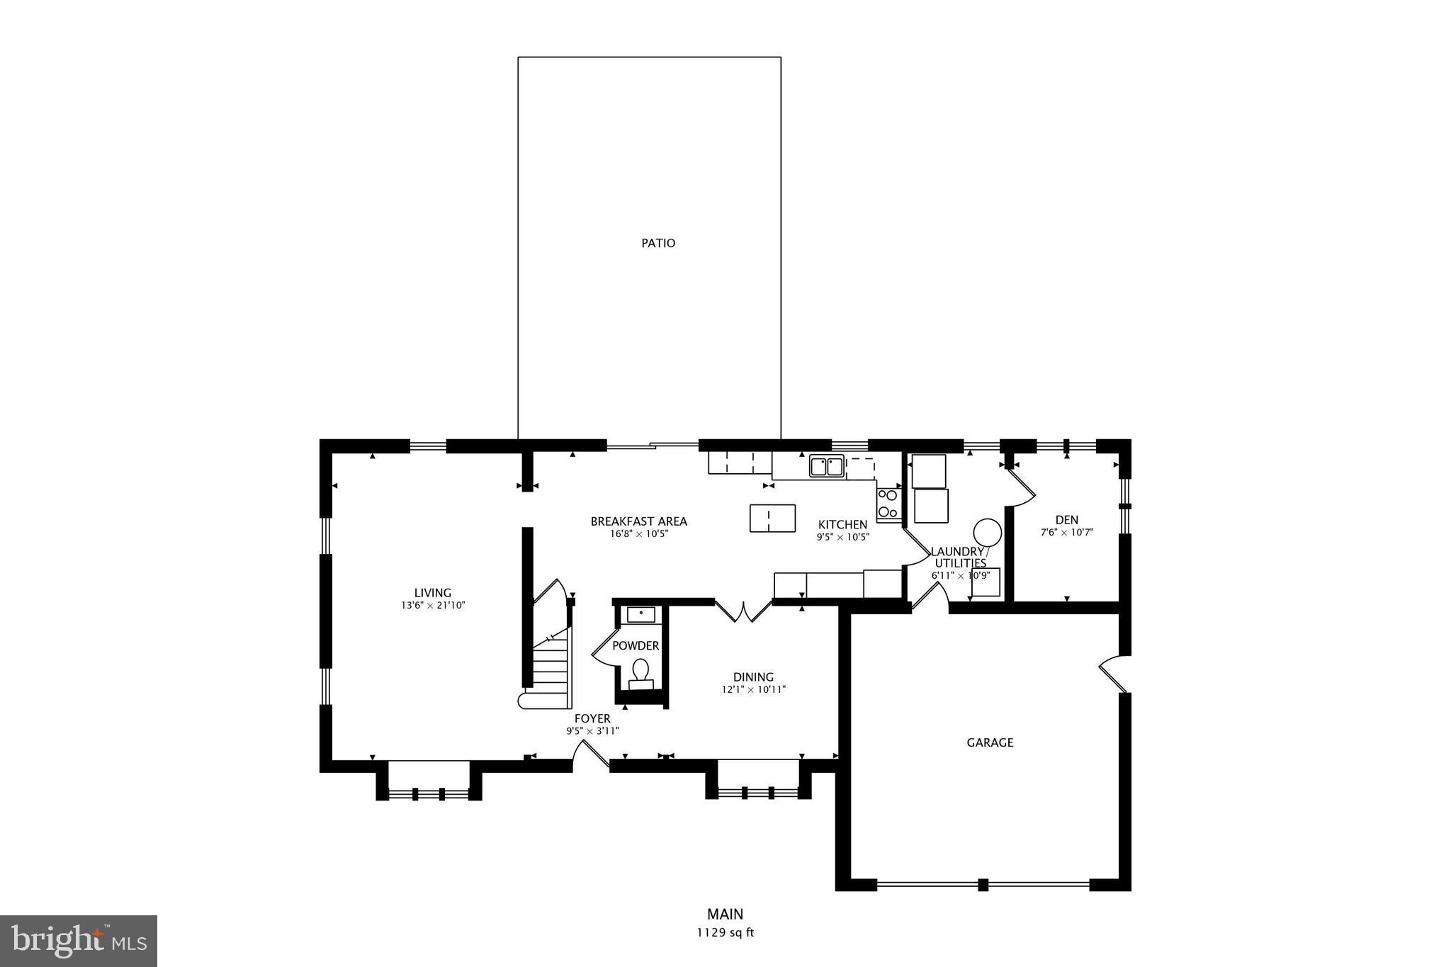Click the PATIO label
[x=658, y=243]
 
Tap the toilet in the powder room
[x=640, y=671]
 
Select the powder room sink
[x=641, y=614]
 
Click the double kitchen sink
[x=827, y=467]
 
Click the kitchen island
[x=772, y=518]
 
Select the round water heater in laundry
[x=987, y=531]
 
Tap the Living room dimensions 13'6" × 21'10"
[x=432, y=606]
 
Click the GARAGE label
[x=990, y=742]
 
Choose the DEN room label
[x=1066, y=520]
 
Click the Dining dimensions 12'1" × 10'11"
[x=753, y=689]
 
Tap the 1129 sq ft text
[x=725, y=933]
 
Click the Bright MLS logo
[x=79, y=941]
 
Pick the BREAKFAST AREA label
[x=638, y=521]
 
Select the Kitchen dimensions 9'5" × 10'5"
[x=842, y=537]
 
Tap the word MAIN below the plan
[x=725, y=914]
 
